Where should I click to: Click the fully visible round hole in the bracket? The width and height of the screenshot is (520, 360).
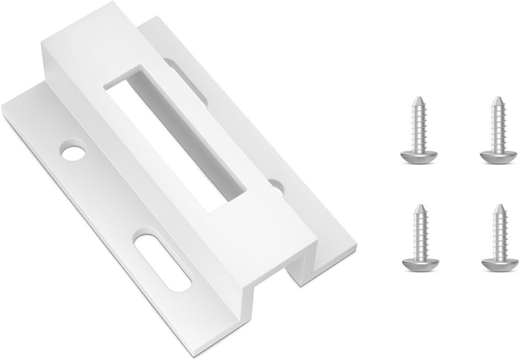click(x=73, y=151)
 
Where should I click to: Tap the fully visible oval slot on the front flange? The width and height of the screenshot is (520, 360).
click(x=163, y=262)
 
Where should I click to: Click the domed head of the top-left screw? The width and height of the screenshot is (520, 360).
click(x=419, y=156)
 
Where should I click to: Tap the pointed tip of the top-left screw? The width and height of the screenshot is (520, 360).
click(x=418, y=98)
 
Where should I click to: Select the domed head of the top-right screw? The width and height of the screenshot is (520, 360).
click(x=498, y=156)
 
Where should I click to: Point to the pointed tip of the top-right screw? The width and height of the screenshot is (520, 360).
click(x=498, y=98)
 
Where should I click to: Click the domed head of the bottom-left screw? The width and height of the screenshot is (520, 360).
click(x=420, y=264)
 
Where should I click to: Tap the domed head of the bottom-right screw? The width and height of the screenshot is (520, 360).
click(x=499, y=264)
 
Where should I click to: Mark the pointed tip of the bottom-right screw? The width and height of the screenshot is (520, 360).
click(x=499, y=206)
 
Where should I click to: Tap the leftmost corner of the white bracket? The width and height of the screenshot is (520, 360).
click(x=2, y=107)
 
